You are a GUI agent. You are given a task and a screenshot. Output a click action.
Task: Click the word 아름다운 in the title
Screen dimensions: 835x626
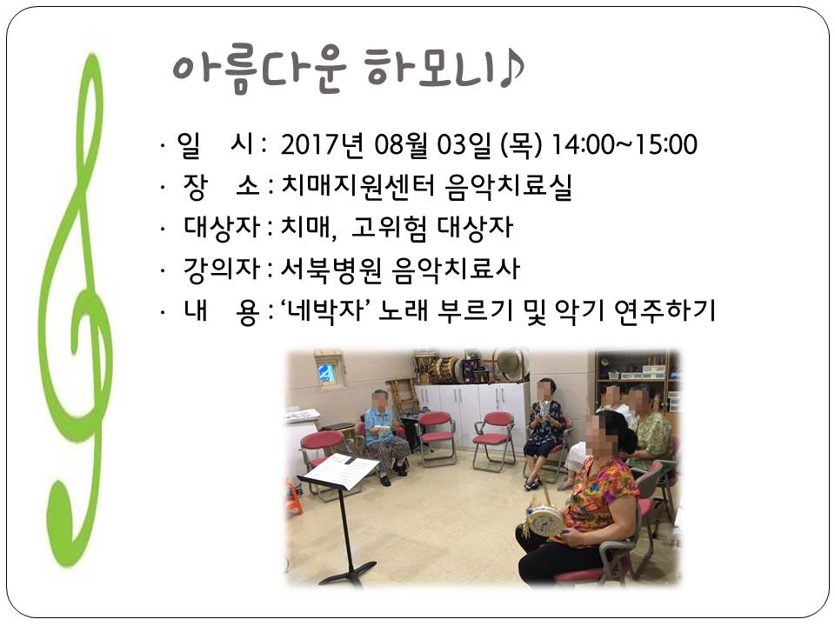pos(259,70)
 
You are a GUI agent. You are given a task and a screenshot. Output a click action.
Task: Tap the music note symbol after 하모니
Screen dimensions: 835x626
pos(511,70)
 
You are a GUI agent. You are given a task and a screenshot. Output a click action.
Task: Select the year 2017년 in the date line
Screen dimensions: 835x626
pos(322,145)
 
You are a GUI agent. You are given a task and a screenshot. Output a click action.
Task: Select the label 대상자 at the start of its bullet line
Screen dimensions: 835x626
pos(222,227)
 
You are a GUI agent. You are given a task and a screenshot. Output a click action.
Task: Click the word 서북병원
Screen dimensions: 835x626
pos(331,269)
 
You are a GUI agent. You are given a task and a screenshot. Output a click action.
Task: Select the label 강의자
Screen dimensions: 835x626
pos(222,269)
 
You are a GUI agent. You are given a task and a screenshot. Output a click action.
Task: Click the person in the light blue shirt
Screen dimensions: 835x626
pos(384,436)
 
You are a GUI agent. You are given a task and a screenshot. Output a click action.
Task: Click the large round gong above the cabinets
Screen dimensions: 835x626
pos(510,364)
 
